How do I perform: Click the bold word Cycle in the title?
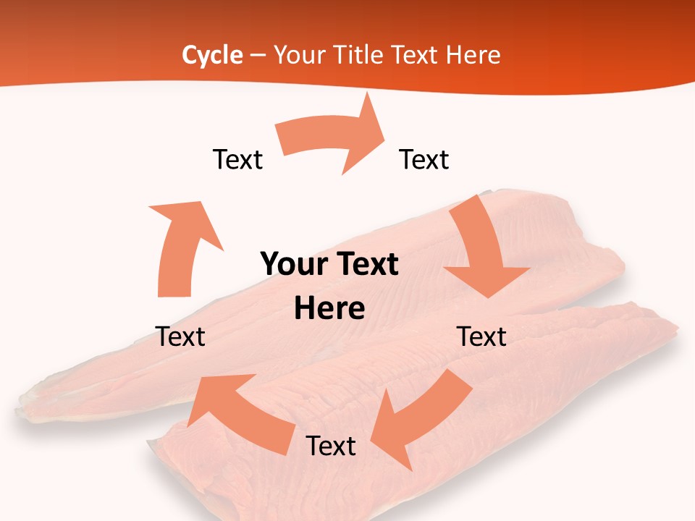pyautogui.click(x=212, y=55)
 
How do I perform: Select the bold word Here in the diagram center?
pyautogui.click(x=329, y=309)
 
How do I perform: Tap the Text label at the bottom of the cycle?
pyautogui.click(x=331, y=446)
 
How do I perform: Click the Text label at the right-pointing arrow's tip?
pyautogui.click(x=424, y=160)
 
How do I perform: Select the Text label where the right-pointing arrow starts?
pyautogui.click(x=237, y=160)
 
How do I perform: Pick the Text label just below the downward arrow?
pyautogui.click(x=481, y=336)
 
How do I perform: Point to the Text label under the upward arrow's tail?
pyautogui.click(x=180, y=336)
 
